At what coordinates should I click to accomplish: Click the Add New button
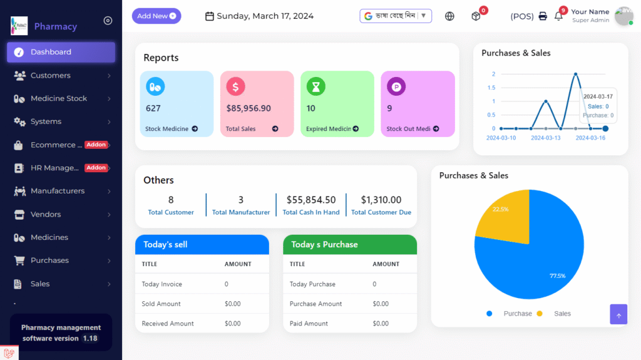tap(156, 16)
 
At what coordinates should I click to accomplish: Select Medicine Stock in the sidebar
tap(59, 98)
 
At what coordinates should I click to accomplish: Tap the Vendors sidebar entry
tap(46, 214)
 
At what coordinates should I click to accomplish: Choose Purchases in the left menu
tap(49, 260)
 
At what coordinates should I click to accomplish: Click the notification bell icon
tap(558, 16)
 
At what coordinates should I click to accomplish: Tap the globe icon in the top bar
tap(449, 16)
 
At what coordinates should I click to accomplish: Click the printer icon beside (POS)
tap(543, 16)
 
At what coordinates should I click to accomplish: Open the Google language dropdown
tap(396, 16)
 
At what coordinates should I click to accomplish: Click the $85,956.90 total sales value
tap(249, 108)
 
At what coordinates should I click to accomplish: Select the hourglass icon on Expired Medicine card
tap(315, 86)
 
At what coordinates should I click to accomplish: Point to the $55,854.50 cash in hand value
tap(311, 200)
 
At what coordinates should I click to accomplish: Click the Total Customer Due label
tap(381, 212)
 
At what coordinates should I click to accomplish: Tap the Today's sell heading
tap(165, 244)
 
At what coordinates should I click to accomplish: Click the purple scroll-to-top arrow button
tap(618, 315)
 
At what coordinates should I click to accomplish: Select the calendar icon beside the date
tap(210, 16)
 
